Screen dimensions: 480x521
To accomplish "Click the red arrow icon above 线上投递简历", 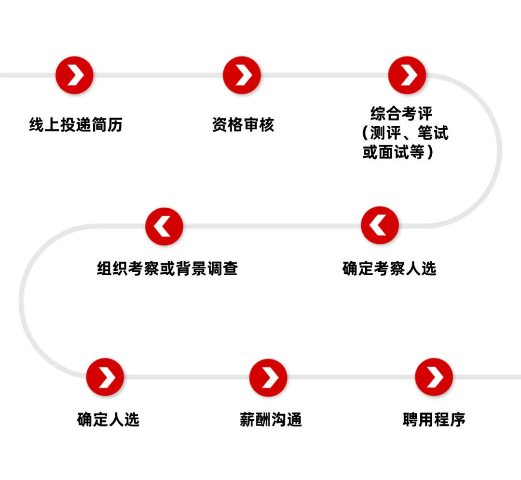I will pyautogui.click(x=74, y=75).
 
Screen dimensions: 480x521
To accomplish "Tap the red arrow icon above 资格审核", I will pyautogui.click(x=242, y=75).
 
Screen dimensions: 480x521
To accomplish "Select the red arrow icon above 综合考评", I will pyautogui.click(x=408, y=75).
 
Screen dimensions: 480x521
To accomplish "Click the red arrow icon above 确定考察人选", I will pyautogui.click(x=380, y=225).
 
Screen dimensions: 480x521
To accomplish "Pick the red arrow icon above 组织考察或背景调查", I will pyautogui.click(x=165, y=226).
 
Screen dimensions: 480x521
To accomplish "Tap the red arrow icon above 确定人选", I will pyautogui.click(x=105, y=377).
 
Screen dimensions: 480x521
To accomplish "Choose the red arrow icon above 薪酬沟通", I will pyautogui.click(x=268, y=377).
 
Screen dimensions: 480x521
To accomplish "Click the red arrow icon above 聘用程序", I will pyautogui.click(x=434, y=377).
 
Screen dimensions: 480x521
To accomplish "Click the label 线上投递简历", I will pyautogui.click(x=76, y=125).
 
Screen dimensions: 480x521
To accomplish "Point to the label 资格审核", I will pyautogui.click(x=243, y=125).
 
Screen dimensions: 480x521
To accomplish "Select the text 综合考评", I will pyautogui.click(x=401, y=114).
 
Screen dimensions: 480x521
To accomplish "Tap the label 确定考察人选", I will pyautogui.click(x=389, y=268).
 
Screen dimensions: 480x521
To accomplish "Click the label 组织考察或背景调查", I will pyautogui.click(x=167, y=268).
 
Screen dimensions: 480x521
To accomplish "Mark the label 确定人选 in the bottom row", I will pyautogui.click(x=108, y=419).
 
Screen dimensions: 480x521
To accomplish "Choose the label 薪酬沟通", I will pyautogui.click(x=271, y=419).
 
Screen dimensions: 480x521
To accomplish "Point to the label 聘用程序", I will pyautogui.click(x=434, y=419).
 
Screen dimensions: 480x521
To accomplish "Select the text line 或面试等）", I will pyautogui.click(x=398, y=152).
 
